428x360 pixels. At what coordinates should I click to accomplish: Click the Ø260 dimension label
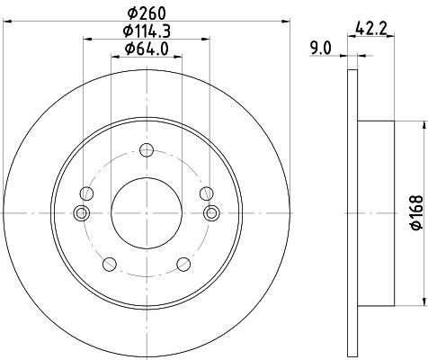pos(147,13)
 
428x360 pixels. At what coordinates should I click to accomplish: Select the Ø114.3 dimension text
pos(147,31)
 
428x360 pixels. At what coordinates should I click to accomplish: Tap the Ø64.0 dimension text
pos(147,49)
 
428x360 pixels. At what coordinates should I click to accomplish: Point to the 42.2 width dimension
pos(370,29)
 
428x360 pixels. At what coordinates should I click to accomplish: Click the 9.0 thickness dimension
pos(321,49)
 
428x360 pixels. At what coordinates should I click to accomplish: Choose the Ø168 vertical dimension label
pos(417,213)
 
